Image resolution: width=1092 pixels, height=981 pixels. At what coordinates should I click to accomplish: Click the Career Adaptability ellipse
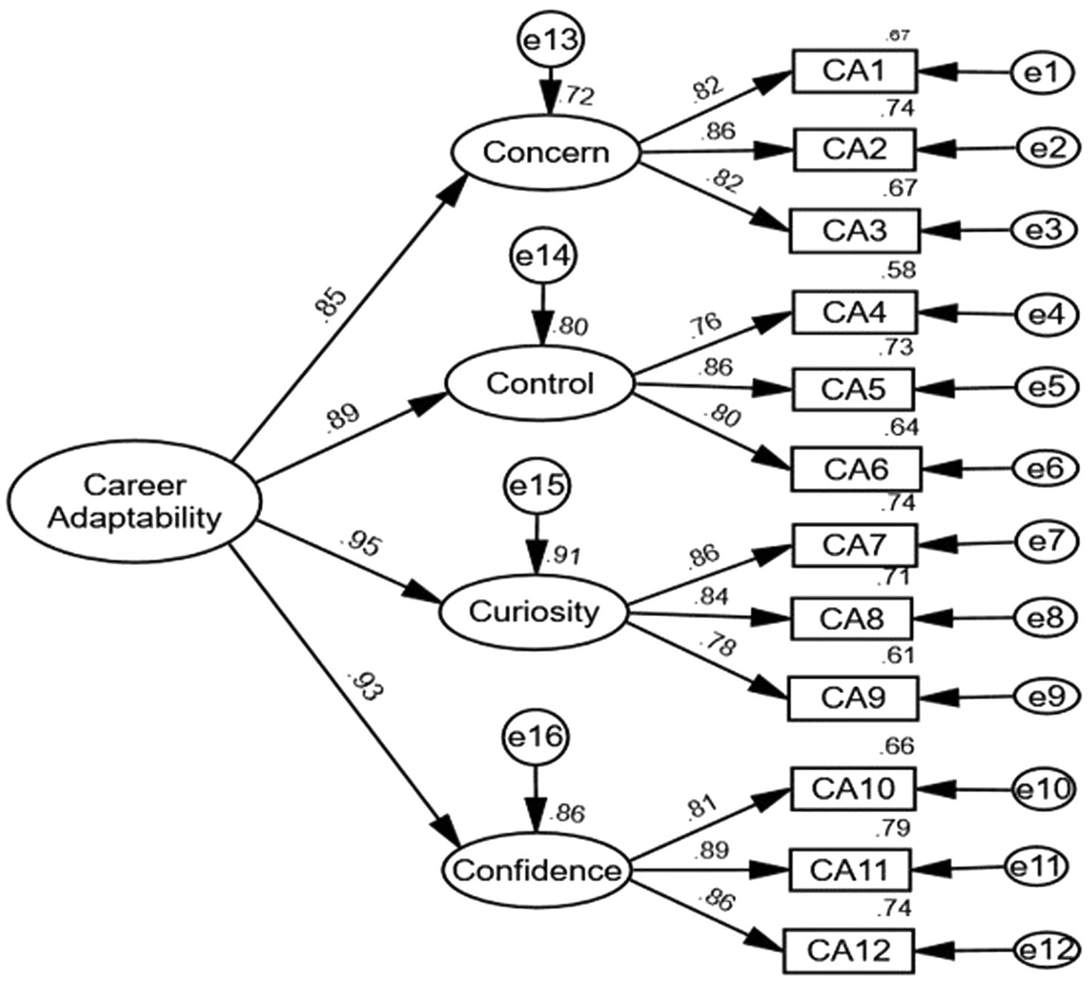point(134,501)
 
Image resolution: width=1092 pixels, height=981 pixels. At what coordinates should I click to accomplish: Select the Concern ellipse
point(546,153)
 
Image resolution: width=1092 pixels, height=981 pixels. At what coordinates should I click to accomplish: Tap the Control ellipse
point(540,384)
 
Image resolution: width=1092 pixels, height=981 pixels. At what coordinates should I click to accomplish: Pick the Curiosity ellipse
point(533,612)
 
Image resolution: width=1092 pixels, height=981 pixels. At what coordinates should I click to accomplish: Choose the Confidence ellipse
point(537,871)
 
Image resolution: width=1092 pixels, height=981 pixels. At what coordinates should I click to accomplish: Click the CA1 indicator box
point(854,71)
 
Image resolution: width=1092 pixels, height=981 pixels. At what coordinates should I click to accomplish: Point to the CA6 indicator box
point(856,469)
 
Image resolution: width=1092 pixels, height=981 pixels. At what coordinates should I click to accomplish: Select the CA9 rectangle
point(852,697)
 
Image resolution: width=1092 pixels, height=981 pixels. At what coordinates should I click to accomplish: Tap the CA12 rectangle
point(848,950)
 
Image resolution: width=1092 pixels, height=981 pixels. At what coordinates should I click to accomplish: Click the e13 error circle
point(550,41)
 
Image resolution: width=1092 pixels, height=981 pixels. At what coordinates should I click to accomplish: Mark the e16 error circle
point(535,737)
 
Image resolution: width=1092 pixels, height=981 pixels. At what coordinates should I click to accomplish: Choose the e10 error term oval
point(1043,789)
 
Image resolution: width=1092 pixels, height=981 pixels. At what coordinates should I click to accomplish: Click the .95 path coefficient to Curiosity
point(361,544)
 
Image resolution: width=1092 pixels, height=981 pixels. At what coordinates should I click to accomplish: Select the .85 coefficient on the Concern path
point(330,302)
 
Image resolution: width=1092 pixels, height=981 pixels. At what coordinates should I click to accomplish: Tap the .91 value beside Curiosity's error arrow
point(563,555)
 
